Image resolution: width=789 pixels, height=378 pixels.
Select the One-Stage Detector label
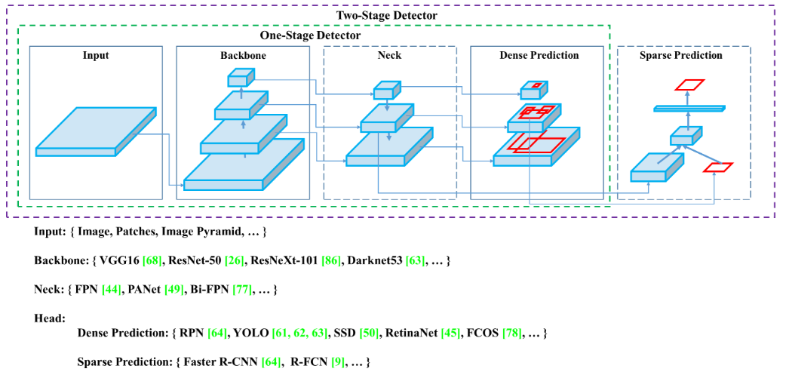(310, 35)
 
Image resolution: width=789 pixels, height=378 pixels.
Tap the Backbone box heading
(243, 56)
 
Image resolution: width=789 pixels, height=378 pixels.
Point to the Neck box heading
(389, 56)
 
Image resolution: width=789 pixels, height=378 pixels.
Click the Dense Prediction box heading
(539, 56)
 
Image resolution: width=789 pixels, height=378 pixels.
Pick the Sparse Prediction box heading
(680, 56)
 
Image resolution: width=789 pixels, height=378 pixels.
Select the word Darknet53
(374, 261)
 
